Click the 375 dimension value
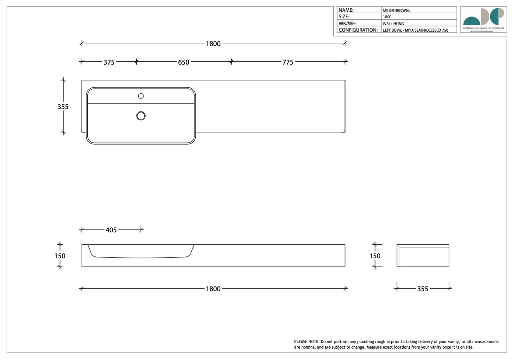pyautogui.click(x=109, y=62)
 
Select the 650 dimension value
pyautogui.click(x=183, y=62)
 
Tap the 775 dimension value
pyautogui.click(x=288, y=62)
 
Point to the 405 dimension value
pyautogui.click(x=111, y=230)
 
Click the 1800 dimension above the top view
pyautogui.click(x=213, y=43)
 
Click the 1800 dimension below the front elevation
pyautogui.click(x=213, y=289)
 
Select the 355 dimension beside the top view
pyautogui.click(x=63, y=106)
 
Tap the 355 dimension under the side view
pyautogui.click(x=422, y=289)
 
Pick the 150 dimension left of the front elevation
pyautogui.click(x=60, y=256)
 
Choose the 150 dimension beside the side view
pyautogui.click(x=375, y=256)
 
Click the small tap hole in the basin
pyautogui.click(x=141, y=95)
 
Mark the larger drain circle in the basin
pyautogui.click(x=141, y=116)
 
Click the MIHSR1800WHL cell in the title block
pyautogui.click(x=397, y=10)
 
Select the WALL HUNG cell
pyautogui.click(x=393, y=23)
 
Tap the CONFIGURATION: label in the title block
pyautogui.click(x=358, y=30)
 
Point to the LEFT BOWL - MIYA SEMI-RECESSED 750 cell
pyautogui.click(x=415, y=30)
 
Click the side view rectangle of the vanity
pyautogui.click(x=423, y=255)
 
